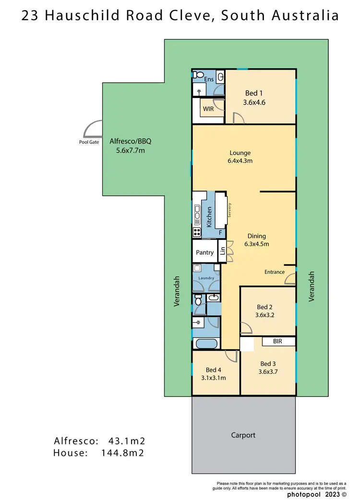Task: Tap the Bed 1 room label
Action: pos(254,93)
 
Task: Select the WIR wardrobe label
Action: pos(208,109)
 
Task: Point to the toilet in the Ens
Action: pos(198,75)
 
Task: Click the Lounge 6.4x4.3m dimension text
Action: pos(240,161)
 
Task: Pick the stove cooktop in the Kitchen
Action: pos(197,233)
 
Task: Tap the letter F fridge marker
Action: pos(220,233)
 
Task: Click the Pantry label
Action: pos(204,252)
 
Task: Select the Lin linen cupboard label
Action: pos(222,251)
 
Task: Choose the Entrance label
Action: pos(275,272)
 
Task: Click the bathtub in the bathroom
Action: pos(207,344)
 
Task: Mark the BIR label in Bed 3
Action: pos(277,342)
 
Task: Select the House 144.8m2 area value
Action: pos(123,452)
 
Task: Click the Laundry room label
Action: pos(206,278)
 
